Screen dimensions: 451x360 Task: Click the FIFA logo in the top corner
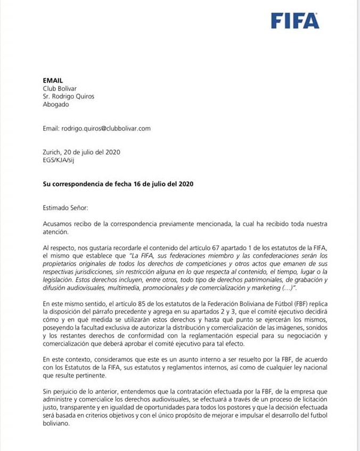pyautogui.click(x=295, y=20)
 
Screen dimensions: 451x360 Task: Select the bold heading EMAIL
pyautogui.click(x=53, y=80)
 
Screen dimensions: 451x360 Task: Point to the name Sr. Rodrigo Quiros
pyautogui.click(x=71, y=96)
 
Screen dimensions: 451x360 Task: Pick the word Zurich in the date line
pyautogui.click(x=53, y=152)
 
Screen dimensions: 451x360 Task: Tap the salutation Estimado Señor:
pyautogui.click(x=66, y=208)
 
